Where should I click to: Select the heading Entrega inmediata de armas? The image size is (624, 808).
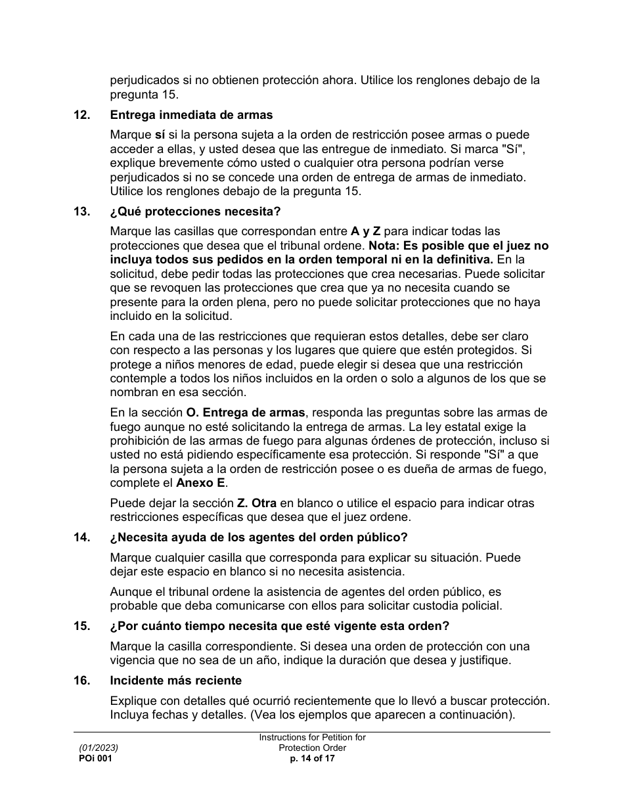[x=191, y=115]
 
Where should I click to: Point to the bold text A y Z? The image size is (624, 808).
[x=365, y=231]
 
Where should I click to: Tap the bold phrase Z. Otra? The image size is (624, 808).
[x=257, y=503]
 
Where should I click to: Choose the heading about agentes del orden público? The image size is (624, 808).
[x=259, y=537]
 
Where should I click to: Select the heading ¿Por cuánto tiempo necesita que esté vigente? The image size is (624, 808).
[x=280, y=625]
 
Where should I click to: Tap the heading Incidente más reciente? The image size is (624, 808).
[x=176, y=681]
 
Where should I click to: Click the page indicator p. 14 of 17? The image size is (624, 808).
[x=312, y=758]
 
